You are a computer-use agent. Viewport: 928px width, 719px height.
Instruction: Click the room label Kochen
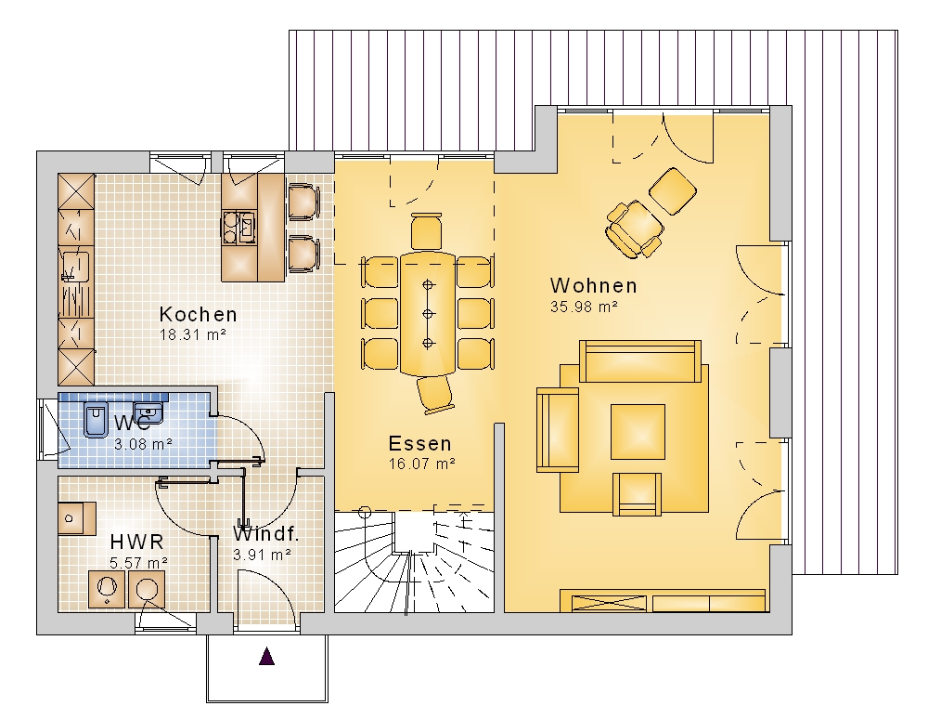click(199, 314)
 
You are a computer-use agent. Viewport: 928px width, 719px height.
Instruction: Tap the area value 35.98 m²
click(584, 307)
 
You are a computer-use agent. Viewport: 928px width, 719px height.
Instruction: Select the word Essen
click(420, 444)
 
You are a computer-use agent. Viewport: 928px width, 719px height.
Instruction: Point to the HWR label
click(136, 542)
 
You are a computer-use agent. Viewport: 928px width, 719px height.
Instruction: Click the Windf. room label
click(265, 534)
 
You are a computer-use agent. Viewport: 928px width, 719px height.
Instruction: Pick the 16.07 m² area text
click(421, 464)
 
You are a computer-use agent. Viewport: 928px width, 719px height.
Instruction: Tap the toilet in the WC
click(96, 420)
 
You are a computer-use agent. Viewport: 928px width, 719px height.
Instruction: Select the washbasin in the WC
click(148, 411)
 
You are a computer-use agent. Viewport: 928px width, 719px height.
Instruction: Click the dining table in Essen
click(428, 314)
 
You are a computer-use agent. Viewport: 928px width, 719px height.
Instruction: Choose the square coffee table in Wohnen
click(638, 432)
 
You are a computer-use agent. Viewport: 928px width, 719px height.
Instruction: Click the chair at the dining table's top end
click(427, 231)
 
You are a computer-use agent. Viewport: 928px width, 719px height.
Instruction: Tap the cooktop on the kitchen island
click(238, 228)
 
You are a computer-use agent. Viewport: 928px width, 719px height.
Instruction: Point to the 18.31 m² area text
click(193, 334)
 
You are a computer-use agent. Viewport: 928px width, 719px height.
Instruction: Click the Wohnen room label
click(594, 285)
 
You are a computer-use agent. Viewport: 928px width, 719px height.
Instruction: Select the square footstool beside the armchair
click(673, 190)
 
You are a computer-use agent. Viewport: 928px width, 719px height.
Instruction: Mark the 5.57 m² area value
click(138, 563)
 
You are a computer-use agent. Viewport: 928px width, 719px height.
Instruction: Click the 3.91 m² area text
click(262, 555)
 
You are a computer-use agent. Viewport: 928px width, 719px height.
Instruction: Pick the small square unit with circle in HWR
click(77, 519)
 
